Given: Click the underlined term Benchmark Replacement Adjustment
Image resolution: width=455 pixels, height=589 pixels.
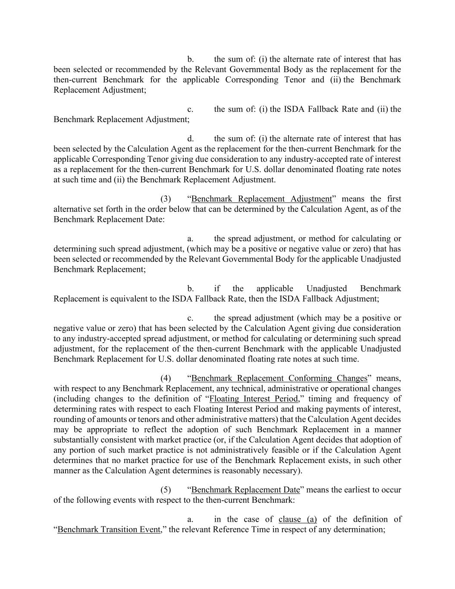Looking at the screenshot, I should click(x=261, y=199).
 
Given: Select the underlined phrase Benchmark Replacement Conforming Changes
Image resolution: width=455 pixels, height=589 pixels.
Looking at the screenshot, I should click(x=279, y=378).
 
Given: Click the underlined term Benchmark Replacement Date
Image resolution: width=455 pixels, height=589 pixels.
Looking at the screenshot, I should click(x=245, y=490).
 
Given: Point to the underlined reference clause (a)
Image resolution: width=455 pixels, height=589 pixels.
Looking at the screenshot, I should click(x=298, y=519).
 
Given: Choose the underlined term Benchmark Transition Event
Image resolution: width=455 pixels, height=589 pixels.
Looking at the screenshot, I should click(x=109, y=529).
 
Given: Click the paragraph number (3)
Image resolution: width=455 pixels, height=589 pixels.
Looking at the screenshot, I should click(x=166, y=199).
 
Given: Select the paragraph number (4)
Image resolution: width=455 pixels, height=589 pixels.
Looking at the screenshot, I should click(x=166, y=378).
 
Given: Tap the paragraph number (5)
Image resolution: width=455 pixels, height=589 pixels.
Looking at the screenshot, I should click(x=166, y=490).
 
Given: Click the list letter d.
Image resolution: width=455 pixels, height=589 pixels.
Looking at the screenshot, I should click(x=190, y=139).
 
